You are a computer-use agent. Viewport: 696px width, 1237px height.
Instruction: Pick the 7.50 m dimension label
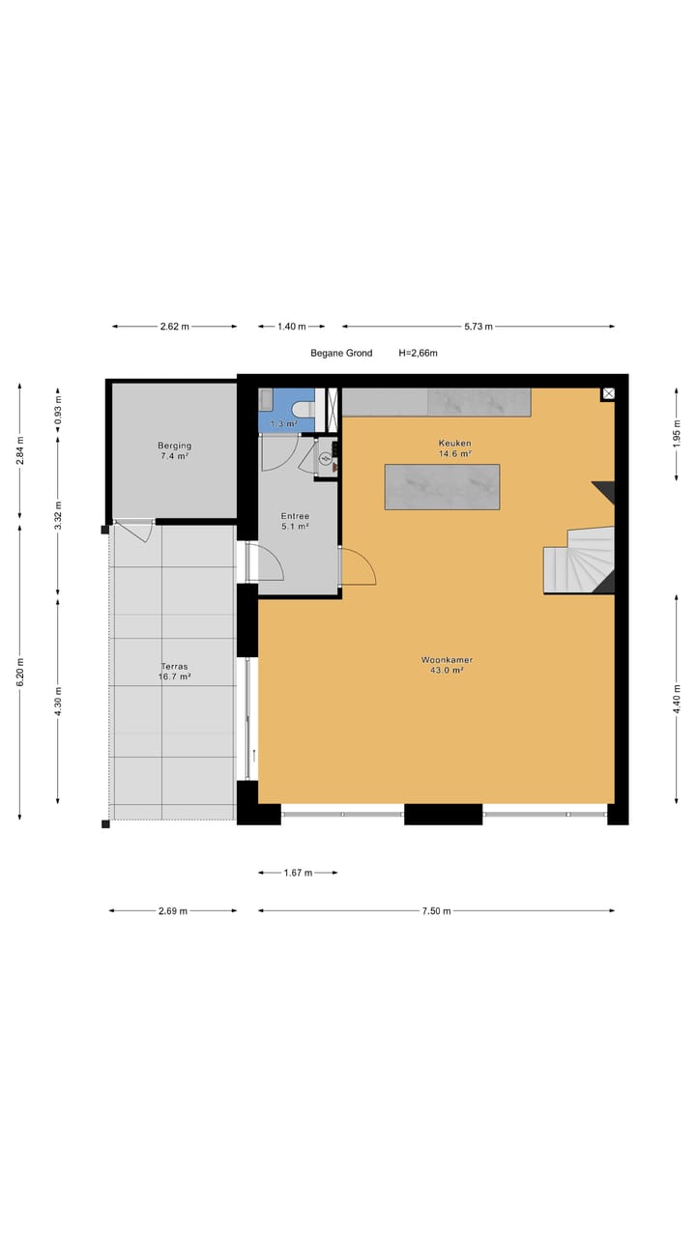(436, 910)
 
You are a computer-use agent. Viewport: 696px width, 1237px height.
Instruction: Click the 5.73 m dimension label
(478, 327)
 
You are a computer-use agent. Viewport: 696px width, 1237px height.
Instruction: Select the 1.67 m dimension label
(297, 873)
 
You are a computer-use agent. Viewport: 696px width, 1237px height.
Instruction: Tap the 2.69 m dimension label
(172, 910)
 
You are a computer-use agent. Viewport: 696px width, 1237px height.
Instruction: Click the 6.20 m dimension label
(20, 672)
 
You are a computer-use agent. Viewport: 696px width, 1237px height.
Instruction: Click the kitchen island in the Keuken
(442, 487)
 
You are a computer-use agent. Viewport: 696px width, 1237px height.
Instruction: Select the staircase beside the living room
(580, 561)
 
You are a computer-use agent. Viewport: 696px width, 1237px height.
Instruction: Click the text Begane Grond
(341, 354)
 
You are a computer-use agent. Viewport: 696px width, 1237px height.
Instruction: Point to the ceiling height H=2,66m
(418, 354)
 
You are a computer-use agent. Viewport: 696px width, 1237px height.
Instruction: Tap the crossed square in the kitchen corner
(608, 393)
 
